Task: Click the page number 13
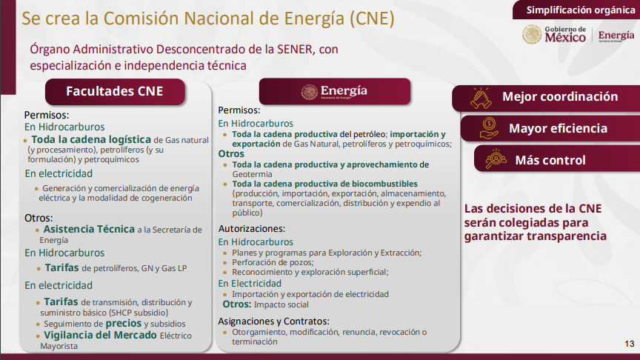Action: point(630,344)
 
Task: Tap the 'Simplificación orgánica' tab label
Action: point(581,10)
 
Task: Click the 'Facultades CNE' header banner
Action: point(115,91)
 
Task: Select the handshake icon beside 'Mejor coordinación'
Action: point(481,98)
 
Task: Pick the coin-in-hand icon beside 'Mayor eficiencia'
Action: point(489,128)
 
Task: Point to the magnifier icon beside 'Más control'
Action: point(496,159)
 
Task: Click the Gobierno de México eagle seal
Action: point(532,34)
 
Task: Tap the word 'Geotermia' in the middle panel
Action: point(252,174)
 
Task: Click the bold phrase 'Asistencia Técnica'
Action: point(89,230)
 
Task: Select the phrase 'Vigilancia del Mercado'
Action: point(100,335)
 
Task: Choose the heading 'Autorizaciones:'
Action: point(251,229)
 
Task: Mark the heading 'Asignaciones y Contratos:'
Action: point(273,321)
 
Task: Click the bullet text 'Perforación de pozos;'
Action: point(273,262)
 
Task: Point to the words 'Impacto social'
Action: point(281,304)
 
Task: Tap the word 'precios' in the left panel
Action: point(123,324)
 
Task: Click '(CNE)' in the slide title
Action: point(373,19)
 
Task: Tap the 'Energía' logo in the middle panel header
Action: point(334,92)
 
